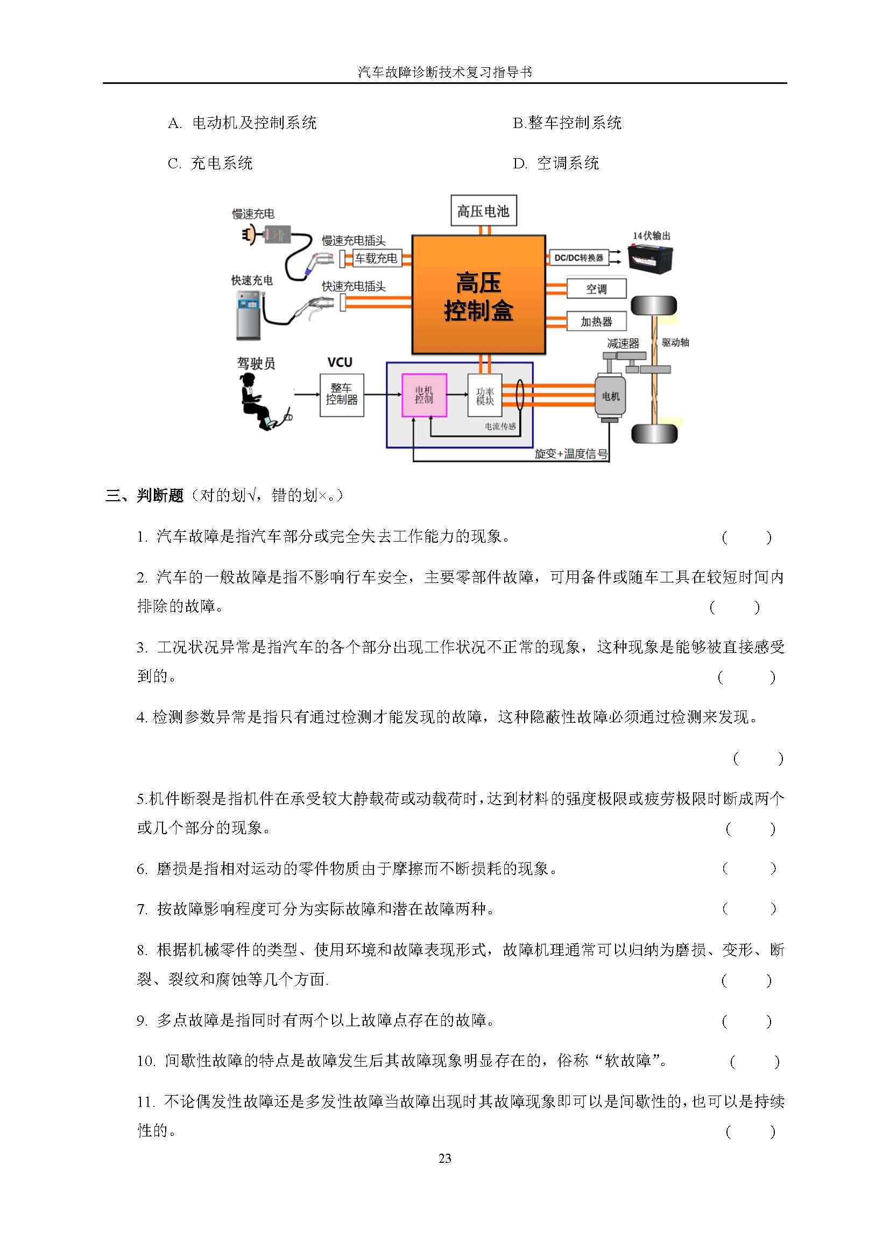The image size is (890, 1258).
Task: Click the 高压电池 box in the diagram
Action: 483,210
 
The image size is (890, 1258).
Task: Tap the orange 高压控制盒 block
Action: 478,295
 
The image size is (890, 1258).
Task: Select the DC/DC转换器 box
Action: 579,258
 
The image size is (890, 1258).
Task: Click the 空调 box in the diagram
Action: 596,289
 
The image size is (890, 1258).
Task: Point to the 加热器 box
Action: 596,321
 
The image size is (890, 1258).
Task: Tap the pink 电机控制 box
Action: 424,395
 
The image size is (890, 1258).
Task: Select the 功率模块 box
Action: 484,395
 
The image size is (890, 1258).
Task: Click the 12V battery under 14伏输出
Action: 650,258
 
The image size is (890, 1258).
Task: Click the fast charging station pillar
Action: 248,316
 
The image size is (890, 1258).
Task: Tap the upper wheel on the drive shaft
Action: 654,305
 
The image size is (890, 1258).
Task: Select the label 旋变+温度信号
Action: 571,454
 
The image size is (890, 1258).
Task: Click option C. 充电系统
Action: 210,163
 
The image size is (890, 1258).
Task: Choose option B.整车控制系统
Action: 567,123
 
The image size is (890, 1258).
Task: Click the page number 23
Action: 445,1158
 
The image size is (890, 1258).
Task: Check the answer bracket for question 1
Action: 746,537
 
